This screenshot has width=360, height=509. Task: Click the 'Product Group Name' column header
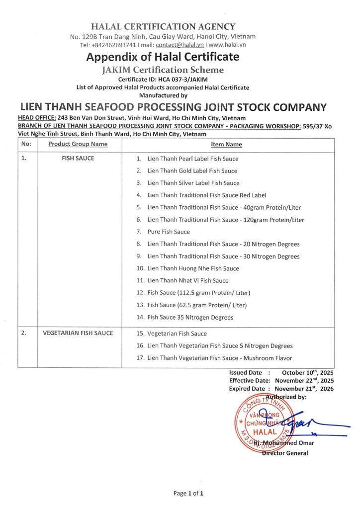point(78,144)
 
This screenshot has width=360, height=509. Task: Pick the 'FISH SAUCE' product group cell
point(78,159)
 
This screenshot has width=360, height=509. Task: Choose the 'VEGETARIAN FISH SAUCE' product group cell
point(78,333)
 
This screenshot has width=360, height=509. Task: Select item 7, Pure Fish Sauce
point(169,232)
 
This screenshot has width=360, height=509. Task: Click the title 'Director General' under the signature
point(285,453)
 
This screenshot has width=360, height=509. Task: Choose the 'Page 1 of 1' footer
point(188,494)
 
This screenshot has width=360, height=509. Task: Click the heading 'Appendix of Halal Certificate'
point(163,57)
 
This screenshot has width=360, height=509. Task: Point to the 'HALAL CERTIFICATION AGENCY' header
point(163,27)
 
